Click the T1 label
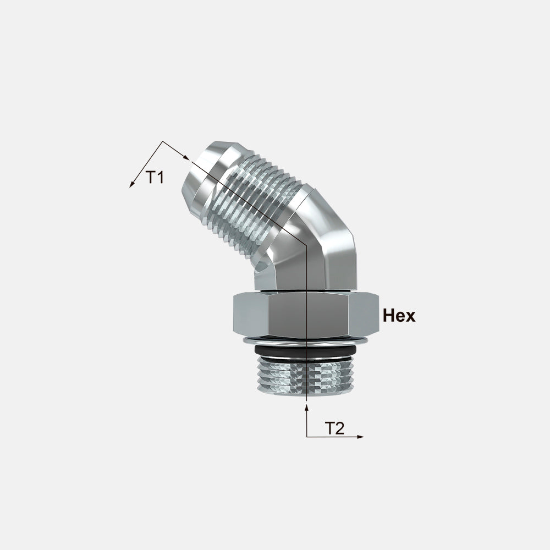click(x=155, y=178)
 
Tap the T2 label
click(x=334, y=428)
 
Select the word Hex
click(x=399, y=315)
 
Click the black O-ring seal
click(x=305, y=350)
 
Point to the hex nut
click(x=306, y=313)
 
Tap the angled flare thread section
click(x=252, y=207)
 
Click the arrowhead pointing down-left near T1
click(x=132, y=184)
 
